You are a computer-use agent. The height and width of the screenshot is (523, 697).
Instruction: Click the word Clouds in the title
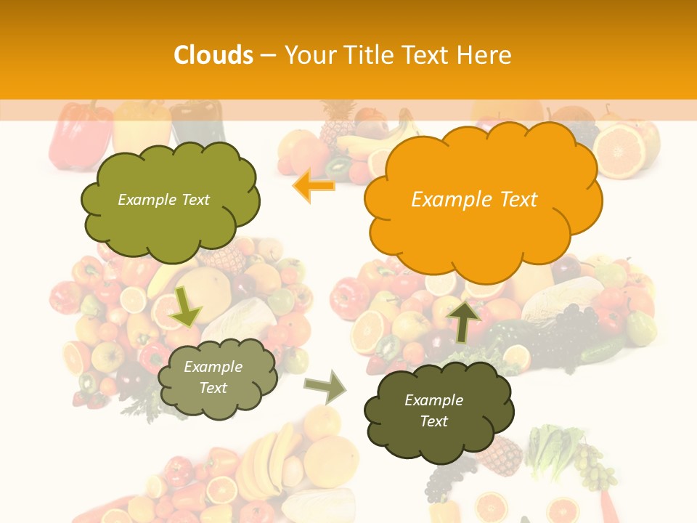(213, 55)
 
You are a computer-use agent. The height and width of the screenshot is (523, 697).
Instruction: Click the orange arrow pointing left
(314, 185)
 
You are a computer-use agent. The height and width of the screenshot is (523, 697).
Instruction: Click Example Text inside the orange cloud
(474, 200)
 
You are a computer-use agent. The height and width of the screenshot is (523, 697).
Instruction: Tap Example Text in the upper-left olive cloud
(163, 200)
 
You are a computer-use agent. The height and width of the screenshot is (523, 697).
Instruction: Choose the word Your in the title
(311, 55)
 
